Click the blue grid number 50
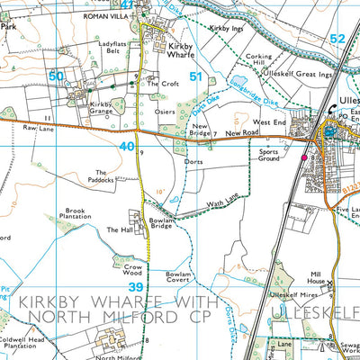(x=57, y=77)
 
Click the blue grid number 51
(x=195, y=78)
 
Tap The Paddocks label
(x=101, y=175)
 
